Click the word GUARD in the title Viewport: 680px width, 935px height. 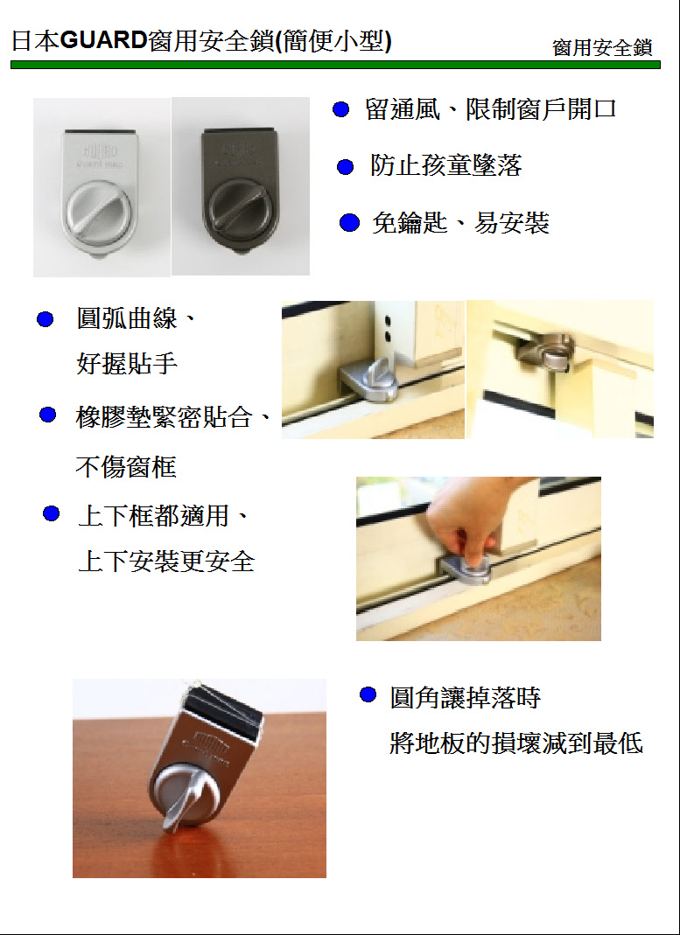tap(104, 41)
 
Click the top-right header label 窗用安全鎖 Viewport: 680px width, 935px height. tap(602, 48)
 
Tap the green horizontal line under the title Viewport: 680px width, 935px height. tap(335, 65)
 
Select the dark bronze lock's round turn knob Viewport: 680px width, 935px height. tap(238, 213)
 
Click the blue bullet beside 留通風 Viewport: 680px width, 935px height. tap(340, 109)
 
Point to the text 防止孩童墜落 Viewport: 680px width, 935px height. tap(446, 165)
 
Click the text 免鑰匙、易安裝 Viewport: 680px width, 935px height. tap(459, 223)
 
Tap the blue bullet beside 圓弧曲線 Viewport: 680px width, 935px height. tap(46, 319)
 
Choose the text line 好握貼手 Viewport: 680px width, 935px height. tap(126, 363)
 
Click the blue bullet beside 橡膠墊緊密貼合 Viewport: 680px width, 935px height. tap(48, 415)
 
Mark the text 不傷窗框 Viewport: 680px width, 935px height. tap(126, 467)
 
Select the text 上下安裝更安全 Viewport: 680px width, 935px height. tap(166, 562)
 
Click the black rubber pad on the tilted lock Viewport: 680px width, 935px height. tap(222, 709)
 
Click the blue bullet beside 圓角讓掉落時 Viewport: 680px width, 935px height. tap(368, 694)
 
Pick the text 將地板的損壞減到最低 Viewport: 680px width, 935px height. tap(516, 744)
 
